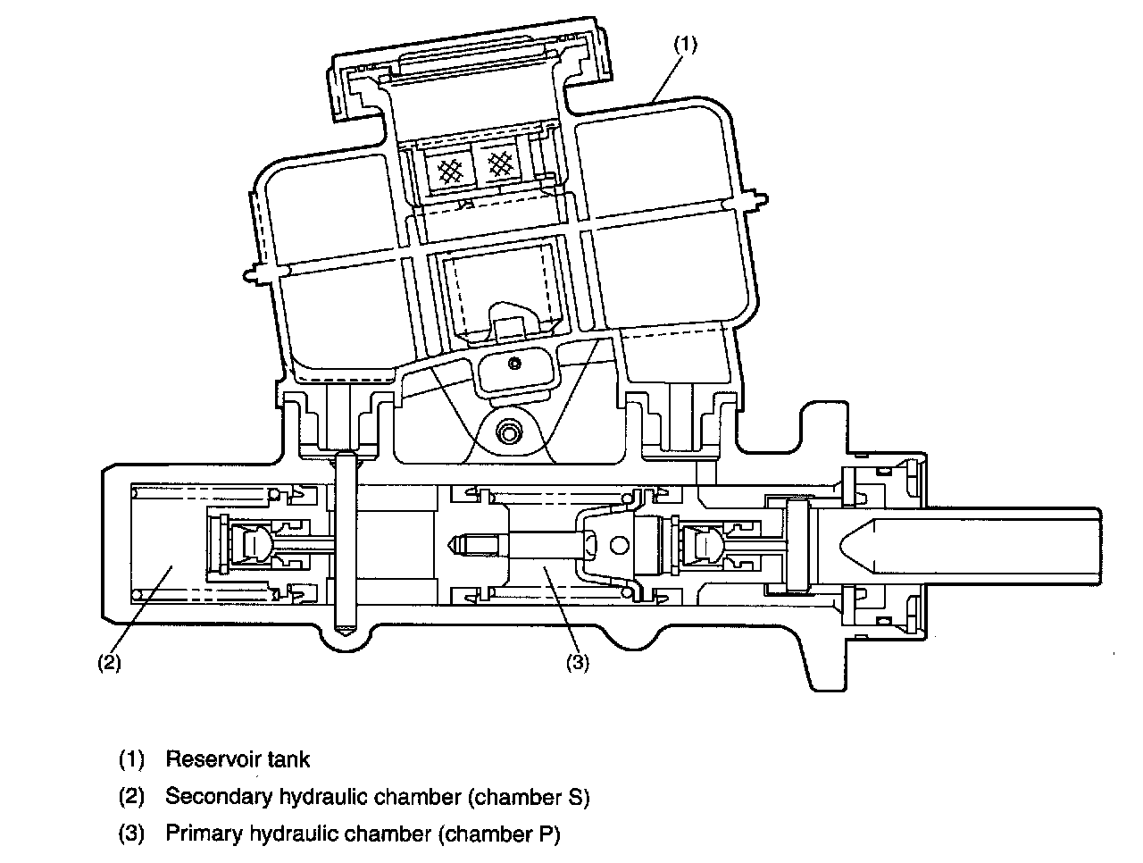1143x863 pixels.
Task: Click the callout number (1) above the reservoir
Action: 685,45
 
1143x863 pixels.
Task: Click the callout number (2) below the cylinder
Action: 109,663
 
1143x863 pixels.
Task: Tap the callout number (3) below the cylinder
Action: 578,663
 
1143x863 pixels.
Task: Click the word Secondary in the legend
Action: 219,797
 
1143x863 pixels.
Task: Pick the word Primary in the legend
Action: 204,834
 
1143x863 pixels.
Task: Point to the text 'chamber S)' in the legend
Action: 529,798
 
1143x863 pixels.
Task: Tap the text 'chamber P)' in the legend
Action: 499,834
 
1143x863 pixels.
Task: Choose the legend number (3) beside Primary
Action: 131,834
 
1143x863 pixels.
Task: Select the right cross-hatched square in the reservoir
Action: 500,164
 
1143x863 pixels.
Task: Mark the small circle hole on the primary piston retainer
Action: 619,545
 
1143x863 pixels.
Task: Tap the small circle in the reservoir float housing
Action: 514,364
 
